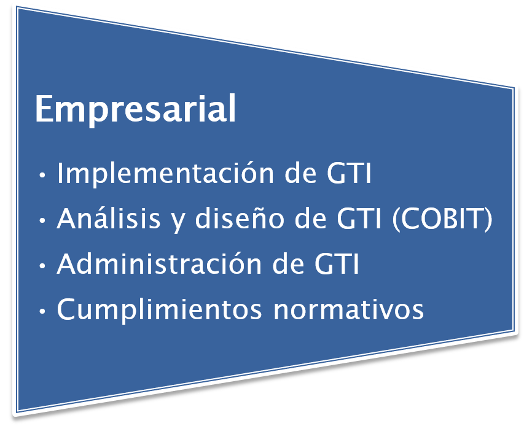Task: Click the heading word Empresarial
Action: point(136,109)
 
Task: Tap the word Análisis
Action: point(109,218)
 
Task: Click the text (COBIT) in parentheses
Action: point(442,219)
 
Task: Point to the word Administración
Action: point(159,263)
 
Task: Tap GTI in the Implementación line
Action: point(348,173)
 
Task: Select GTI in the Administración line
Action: point(336,264)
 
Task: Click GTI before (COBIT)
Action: point(359,219)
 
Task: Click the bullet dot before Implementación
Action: point(42,175)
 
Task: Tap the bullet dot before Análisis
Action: point(42,220)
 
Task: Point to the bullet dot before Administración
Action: point(42,266)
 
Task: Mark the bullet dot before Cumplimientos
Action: point(42,311)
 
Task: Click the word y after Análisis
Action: point(178,222)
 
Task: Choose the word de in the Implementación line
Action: point(300,173)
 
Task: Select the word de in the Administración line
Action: point(288,264)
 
